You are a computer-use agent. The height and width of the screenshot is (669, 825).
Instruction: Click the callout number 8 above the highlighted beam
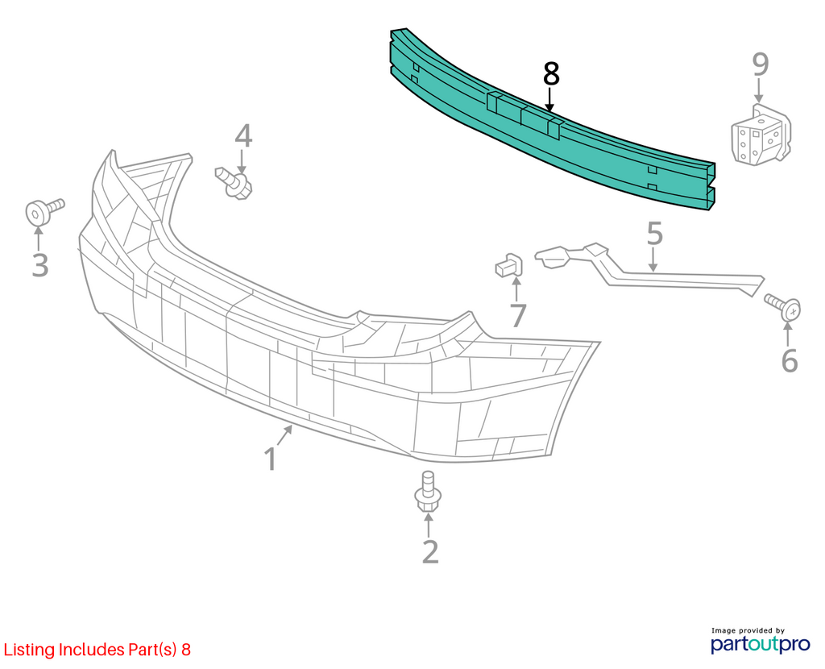[551, 74]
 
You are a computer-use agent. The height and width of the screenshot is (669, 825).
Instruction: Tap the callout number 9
[761, 64]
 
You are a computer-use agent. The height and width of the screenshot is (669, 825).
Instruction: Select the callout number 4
[243, 135]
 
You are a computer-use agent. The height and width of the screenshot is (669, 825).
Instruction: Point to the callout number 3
[40, 264]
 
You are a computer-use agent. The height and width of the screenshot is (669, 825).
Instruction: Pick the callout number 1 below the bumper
[271, 459]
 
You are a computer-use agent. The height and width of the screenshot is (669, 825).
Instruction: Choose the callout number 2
[430, 551]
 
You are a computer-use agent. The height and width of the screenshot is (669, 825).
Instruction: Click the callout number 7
[518, 315]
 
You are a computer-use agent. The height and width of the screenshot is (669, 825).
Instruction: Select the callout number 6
[790, 360]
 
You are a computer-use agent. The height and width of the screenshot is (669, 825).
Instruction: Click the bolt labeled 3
[44, 211]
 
